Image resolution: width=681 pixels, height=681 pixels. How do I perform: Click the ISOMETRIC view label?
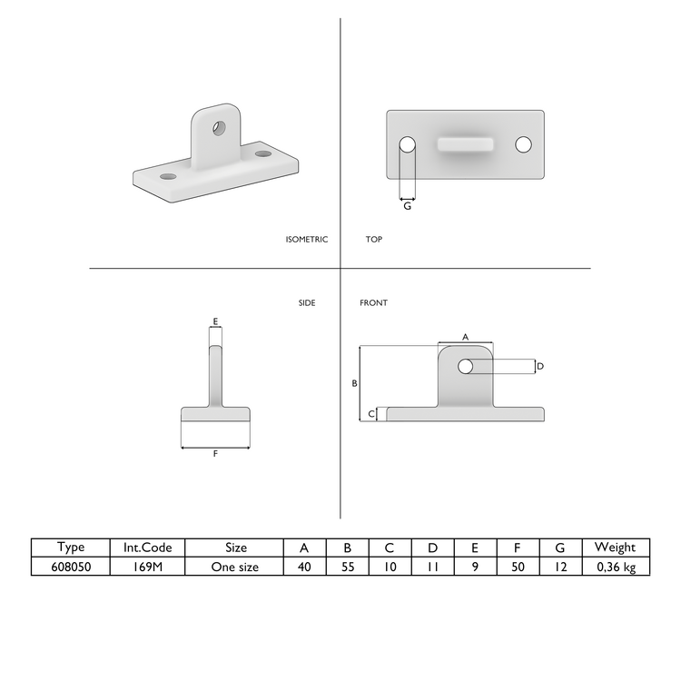pos(306,240)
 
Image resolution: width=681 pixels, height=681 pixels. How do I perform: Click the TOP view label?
pos(374,240)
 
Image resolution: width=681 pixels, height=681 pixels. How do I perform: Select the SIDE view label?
pos(307,302)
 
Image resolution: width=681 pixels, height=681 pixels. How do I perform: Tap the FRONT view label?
pos(373,302)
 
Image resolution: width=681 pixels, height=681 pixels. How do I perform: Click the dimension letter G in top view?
pos(408,207)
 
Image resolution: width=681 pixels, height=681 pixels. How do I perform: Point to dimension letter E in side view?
pos(215,321)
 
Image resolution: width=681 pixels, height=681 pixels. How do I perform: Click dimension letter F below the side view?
pos(215,454)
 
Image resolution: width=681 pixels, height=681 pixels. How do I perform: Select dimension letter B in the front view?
pos(354,383)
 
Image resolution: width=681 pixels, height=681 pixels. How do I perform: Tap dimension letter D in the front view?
pos(540,366)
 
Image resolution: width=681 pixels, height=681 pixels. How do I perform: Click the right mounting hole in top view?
pos(523,144)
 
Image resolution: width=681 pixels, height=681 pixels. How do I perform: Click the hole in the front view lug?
pos(466,366)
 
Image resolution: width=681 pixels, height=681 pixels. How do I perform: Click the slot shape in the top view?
pos(466,144)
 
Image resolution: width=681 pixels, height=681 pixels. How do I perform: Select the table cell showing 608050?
pos(70,567)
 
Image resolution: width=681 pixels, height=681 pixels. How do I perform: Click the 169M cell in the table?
pos(147,567)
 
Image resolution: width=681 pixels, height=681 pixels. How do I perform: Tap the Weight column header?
pos(615,548)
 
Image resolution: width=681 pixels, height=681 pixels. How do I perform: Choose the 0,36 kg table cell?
pos(615,567)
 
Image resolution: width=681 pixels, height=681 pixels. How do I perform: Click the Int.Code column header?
pos(147,548)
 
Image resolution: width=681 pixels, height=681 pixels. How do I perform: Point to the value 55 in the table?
pos(347,567)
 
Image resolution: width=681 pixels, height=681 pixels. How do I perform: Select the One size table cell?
pos(234,567)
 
